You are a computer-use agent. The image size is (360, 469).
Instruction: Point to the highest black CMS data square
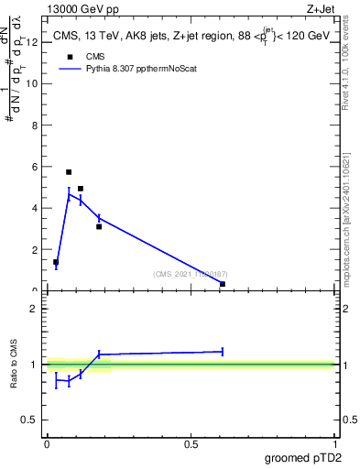[x=69, y=172]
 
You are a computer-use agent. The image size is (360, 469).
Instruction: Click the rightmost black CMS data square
[x=223, y=284]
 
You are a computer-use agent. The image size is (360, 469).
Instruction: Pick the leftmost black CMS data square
[x=56, y=262]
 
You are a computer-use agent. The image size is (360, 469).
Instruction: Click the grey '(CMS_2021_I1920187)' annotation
[x=191, y=274]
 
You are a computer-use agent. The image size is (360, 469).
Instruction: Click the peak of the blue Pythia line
[x=69, y=193]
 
